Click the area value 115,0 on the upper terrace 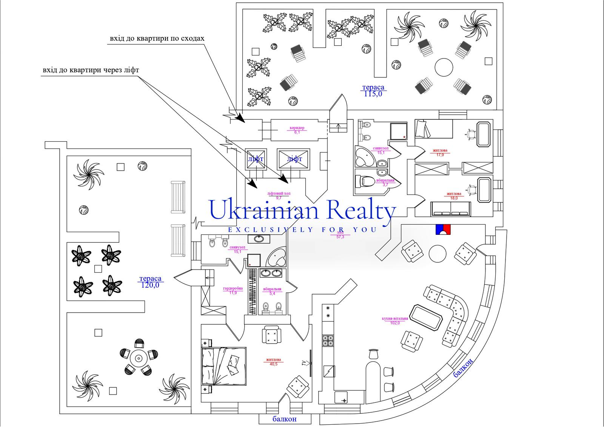click(x=373, y=94)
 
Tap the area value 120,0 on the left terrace click(x=150, y=285)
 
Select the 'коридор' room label click(x=297, y=128)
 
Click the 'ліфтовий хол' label click(x=279, y=194)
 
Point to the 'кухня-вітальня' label click(x=395, y=318)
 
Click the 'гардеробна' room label click(x=233, y=288)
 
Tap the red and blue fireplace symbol click(x=444, y=230)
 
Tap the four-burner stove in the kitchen click(x=327, y=341)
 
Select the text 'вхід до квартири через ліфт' click(x=91, y=70)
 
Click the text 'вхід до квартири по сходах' click(x=157, y=39)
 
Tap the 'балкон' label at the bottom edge click(x=284, y=419)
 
